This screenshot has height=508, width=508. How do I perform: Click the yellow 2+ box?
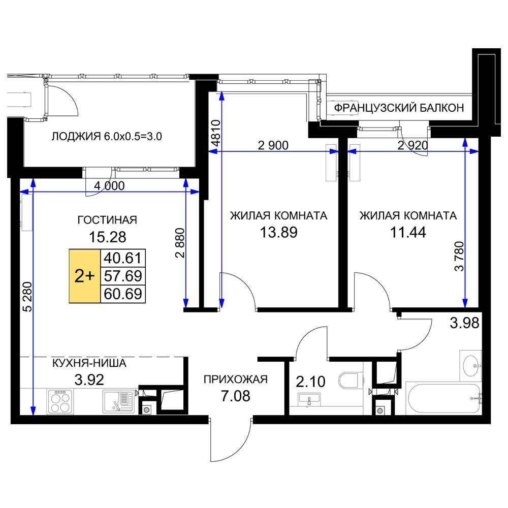tap(84, 276)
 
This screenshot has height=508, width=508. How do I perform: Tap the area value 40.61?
tap(123, 258)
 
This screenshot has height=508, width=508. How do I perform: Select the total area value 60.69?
tap(123, 294)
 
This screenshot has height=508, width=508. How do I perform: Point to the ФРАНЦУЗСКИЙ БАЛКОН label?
tap(399, 108)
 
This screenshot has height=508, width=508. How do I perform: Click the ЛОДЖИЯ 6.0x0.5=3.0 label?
tap(107, 136)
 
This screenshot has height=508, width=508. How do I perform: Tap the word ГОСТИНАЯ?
tap(107, 220)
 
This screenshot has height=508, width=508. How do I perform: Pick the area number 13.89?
tap(278, 232)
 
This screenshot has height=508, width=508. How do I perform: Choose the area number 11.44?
tap(408, 232)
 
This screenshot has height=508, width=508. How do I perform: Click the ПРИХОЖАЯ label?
tap(236, 379)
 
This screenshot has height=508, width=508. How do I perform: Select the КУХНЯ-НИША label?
tap(89, 363)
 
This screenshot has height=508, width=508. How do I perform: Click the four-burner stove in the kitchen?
tap(60, 401)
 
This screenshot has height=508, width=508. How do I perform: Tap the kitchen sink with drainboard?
tap(118, 401)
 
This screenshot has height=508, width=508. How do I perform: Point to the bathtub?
tap(443, 399)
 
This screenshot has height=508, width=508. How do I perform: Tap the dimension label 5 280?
tap(28, 297)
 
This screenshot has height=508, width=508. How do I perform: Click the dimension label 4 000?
tap(109, 186)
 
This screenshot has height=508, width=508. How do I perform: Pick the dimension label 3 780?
tap(459, 256)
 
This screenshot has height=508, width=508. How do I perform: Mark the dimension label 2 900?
tap(273, 145)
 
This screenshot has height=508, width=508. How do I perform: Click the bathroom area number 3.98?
tap(465, 323)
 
